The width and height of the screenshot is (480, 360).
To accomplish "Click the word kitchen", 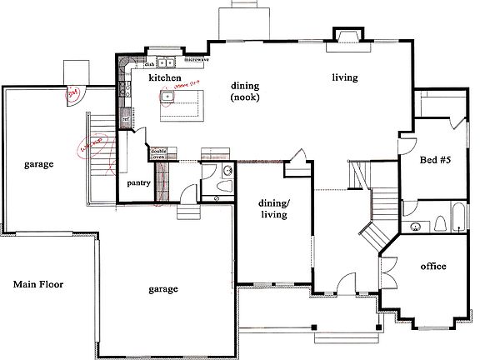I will pos(165,77).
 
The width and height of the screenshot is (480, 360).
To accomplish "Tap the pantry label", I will pos(138,182).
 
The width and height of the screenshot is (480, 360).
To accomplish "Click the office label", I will pos(433,267).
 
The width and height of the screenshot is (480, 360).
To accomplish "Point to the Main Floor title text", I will pos(40,284).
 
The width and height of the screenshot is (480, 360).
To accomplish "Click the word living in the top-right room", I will pos(345,77).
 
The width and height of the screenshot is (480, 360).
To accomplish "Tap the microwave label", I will pos(196,61).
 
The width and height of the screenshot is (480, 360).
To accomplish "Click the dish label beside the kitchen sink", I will pos(150,63).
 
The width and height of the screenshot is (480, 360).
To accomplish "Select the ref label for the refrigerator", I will pos(126,119).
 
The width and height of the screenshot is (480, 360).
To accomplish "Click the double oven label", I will pos(158,153).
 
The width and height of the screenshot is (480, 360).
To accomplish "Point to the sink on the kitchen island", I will pos(167,97).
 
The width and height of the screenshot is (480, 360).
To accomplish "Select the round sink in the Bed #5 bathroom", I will pos(415,226).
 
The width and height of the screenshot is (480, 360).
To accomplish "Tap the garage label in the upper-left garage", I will pos(38,164).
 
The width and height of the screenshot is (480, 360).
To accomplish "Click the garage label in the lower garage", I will pos(163,289).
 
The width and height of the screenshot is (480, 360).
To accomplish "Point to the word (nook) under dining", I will pos(246,97).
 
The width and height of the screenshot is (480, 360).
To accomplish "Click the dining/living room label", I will pos(273,208).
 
